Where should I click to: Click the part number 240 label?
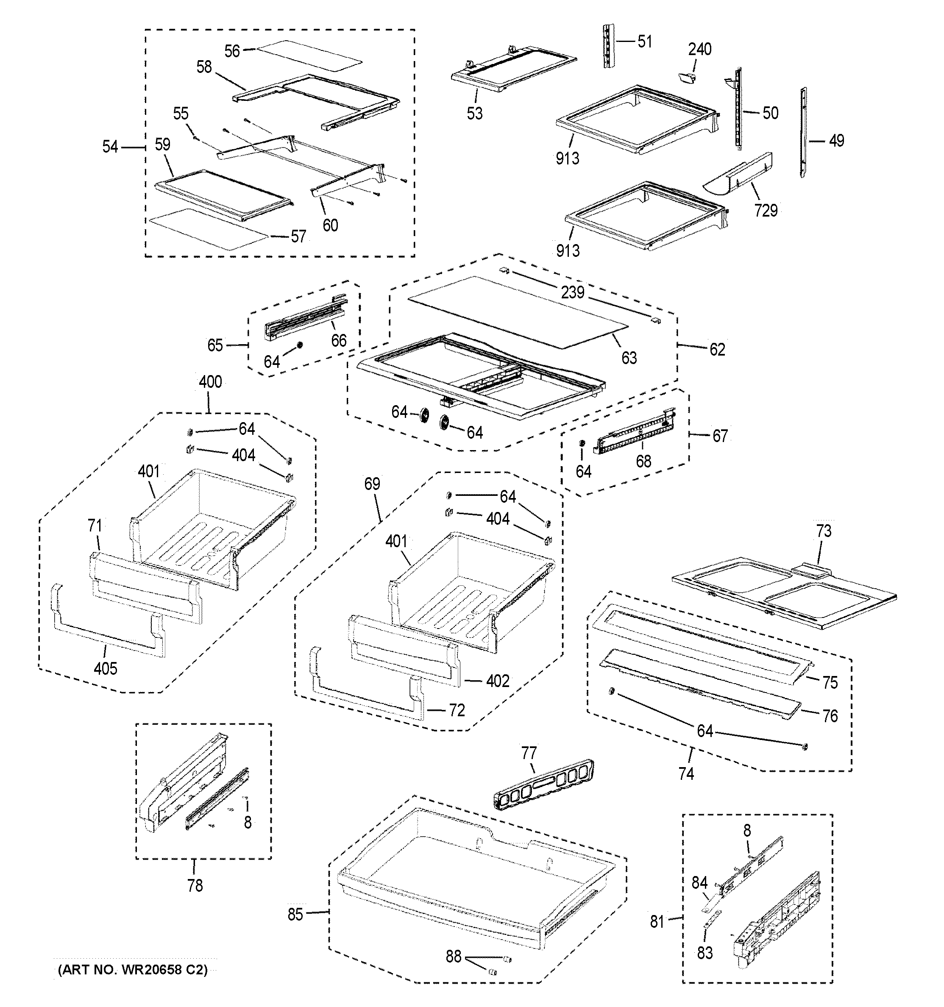[699, 49]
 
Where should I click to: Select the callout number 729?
[765, 210]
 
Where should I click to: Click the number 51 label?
[645, 42]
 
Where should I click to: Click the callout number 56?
[232, 51]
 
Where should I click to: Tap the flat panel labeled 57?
[208, 228]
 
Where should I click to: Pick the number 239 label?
[573, 292]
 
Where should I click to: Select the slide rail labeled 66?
[304, 319]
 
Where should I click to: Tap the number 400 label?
[210, 382]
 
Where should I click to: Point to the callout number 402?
[498, 681]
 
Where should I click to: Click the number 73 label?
[823, 531]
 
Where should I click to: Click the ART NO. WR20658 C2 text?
[132, 970]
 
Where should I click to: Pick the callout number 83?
[705, 953]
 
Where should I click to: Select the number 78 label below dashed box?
[195, 885]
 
